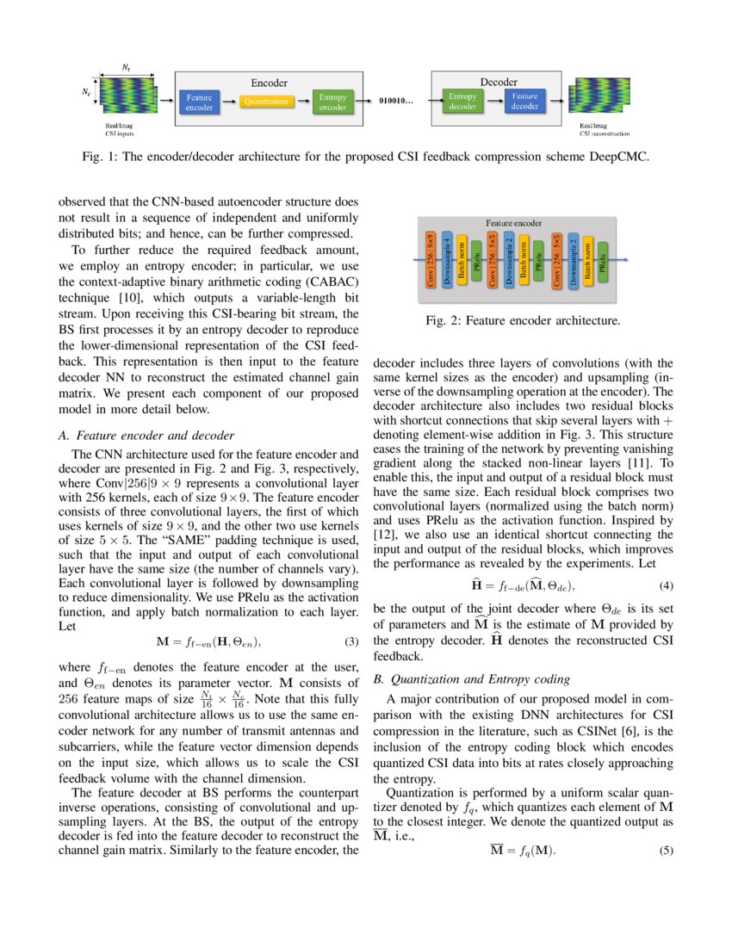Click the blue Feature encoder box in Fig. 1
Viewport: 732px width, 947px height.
[x=199, y=102]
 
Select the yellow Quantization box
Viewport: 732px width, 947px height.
[x=265, y=102]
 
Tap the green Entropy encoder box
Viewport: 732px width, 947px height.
[x=332, y=102]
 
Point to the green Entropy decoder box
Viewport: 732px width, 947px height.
[x=462, y=102]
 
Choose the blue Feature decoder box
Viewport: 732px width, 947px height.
[x=525, y=102]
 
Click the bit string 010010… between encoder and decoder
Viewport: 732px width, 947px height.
[x=397, y=102]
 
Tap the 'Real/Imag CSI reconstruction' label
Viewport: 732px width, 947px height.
[x=604, y=129]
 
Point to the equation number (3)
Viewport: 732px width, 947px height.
[x=351, y=642]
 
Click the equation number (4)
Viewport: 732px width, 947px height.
[x=665, y=585]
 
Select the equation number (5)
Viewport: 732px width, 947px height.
[x=665, y=851]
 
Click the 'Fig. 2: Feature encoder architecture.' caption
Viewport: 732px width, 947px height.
[x=523, y=321]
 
